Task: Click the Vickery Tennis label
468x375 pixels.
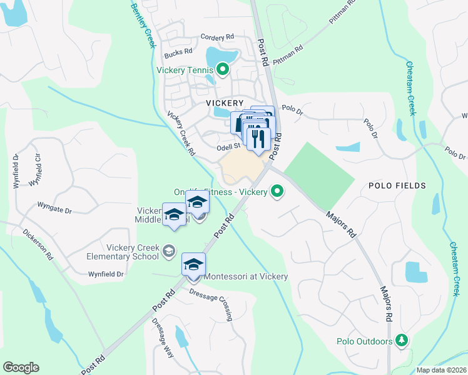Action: point(185,70)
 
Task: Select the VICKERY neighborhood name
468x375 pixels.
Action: point(225,102)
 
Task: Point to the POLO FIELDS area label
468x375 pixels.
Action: point(397,186)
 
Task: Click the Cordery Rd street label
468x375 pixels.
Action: point(216,38)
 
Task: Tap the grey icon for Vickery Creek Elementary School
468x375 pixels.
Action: point(168,251)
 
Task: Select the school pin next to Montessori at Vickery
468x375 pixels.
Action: point(194,264)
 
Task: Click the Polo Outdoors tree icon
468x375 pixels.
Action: point(402,341)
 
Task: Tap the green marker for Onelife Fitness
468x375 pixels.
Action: point(277,192)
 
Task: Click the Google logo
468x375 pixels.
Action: point(21,367)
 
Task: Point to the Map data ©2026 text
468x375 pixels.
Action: point(442,370)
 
